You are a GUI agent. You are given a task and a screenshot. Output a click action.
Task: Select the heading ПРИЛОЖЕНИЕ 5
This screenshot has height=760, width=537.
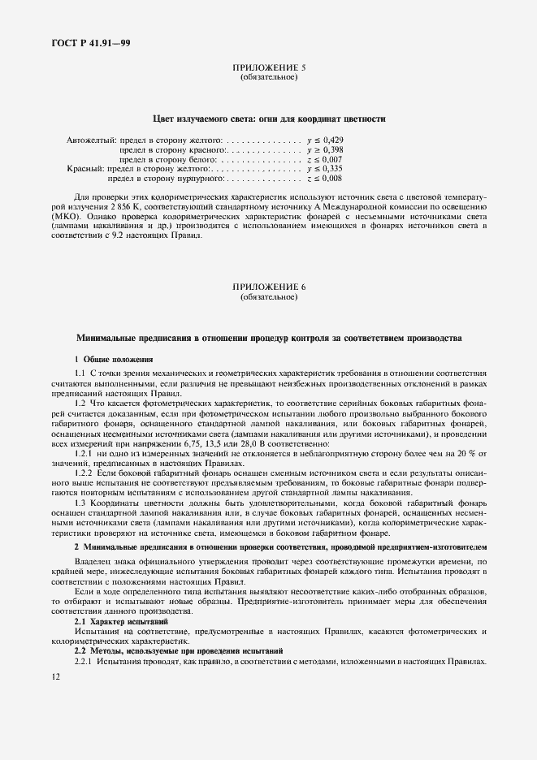coord(269,69)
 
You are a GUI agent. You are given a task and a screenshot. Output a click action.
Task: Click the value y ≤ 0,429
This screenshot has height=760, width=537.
coord(325,140)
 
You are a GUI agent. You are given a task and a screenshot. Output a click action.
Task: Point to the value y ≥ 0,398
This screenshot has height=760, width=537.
coord(325,150)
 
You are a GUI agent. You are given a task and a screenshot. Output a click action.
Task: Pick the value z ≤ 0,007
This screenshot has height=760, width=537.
coord(325,160)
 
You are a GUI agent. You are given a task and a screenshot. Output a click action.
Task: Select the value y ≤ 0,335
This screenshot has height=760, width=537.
coord(325,169)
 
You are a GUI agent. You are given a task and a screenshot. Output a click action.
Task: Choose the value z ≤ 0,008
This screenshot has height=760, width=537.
coord(325,179)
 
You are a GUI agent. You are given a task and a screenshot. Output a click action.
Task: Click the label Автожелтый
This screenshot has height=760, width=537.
coord(91,140)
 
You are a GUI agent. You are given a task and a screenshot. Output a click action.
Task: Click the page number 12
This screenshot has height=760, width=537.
coord(55,676)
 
